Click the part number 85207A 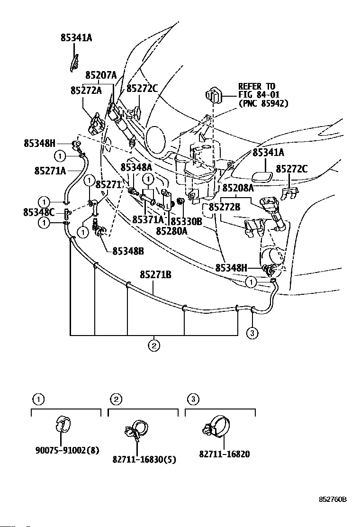click(x=101, y=75)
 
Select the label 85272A click(x=86, y=90)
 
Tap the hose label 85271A click(x=50, y=170)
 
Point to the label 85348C click(x=39, y=212)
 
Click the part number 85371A click(x=148, y=219)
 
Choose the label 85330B click(x=186, y=221)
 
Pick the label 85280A click(x=171, y=231)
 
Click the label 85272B click(x=225, y=207)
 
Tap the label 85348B click(x=128, y=251)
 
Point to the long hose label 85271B click(x=155, y=274)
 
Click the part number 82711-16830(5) click(x=137, y=459)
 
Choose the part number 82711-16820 click(x=225, y=454)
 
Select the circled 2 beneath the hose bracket click(x=153, y=345)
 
